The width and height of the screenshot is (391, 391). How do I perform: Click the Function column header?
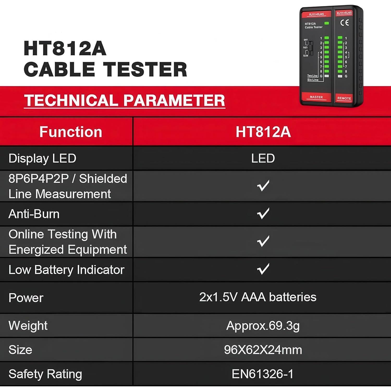coord(71,132)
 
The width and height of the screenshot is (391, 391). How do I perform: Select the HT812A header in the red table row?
coord(263,132)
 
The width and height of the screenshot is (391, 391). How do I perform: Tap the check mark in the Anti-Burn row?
coord(263,213)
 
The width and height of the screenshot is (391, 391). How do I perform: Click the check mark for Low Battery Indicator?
coord(263,269)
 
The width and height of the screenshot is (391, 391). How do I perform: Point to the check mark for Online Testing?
coord(263,241)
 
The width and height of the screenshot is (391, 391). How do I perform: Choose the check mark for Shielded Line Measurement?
coord(263,186)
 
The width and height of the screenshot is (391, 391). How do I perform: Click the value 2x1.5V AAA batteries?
coord(258,297)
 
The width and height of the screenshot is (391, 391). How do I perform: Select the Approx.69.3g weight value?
coord(263,326)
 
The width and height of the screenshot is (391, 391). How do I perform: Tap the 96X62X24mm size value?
coord(263,350)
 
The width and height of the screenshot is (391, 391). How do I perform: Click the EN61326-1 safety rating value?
coord(262,374)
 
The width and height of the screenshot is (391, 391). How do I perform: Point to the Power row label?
coord(26,298)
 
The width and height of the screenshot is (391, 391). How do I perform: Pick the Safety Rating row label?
coord(45,374)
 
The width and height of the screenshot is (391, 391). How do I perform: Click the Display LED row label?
coord(42,158)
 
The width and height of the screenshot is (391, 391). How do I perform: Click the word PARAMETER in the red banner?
coord(174,100)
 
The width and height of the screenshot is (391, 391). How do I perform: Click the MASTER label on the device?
coord(316,97)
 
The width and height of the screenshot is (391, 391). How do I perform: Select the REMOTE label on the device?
coord(344,98)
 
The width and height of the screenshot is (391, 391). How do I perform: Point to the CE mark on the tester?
coord(345,23)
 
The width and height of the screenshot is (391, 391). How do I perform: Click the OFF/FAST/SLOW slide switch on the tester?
coord(311,48)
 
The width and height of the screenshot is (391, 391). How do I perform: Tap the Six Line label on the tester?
coord(313,80)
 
